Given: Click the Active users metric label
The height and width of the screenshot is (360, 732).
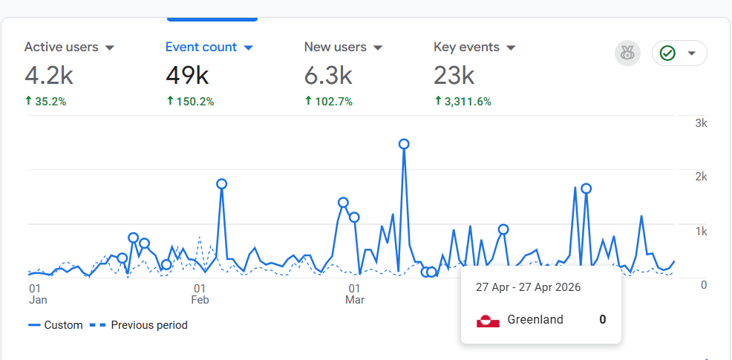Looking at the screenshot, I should (61, 47).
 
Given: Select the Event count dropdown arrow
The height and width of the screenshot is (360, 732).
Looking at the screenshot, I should (249, 48).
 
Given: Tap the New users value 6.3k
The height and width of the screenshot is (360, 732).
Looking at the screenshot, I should (327, 75).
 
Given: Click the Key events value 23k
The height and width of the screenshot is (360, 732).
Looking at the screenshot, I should (454, 75).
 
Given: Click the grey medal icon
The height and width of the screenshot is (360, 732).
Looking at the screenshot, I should (627, 53).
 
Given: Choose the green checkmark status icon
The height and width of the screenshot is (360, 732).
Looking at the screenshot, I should (667, 53).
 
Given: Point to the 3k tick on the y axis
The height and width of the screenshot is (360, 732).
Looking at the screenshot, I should (701, 123).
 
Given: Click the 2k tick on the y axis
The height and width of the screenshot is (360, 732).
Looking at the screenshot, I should (701, 177).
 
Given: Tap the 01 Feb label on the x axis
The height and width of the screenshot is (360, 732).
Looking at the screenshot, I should (200, 294).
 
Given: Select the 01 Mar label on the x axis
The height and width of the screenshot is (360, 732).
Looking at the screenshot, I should (354, 294).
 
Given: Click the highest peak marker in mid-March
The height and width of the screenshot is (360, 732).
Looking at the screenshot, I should (404, 144).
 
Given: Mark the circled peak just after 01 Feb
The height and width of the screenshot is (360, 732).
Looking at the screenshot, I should (221, 184).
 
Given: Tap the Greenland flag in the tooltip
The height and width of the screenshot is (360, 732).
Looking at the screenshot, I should (488, 321).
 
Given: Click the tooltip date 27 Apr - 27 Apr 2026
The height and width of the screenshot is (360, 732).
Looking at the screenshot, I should (528, 287).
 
